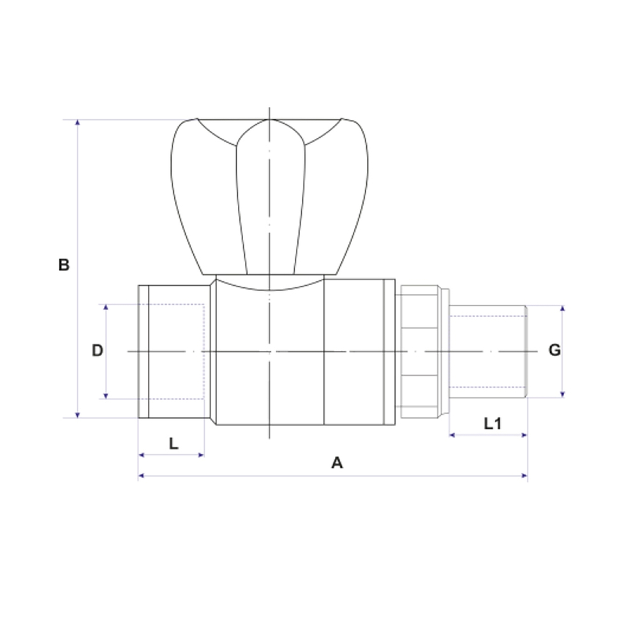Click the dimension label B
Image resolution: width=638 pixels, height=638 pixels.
64,265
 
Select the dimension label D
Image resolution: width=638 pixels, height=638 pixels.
97,350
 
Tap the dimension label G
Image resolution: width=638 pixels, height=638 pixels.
554,350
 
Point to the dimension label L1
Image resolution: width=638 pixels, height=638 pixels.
493,423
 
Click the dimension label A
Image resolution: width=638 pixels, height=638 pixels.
337,463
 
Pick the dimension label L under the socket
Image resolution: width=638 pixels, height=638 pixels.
174,444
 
